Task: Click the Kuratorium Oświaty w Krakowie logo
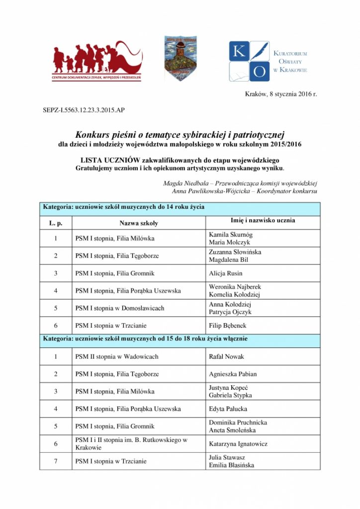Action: [268, 61]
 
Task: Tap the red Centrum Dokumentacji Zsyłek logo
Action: [96, 61]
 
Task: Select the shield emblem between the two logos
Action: [180, 58]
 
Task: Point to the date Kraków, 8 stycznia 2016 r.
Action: [280, 94]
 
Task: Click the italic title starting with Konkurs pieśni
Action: [180, 134]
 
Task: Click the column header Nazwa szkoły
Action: [139, 223]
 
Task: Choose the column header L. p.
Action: [56, 223]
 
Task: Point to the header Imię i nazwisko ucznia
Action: [263, 220]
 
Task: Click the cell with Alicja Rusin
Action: [226, 273]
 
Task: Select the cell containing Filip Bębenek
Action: [228, 326]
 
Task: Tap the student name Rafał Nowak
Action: [227, 356]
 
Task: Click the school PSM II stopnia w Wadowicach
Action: [117, 356]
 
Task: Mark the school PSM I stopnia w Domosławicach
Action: [120, 308]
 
